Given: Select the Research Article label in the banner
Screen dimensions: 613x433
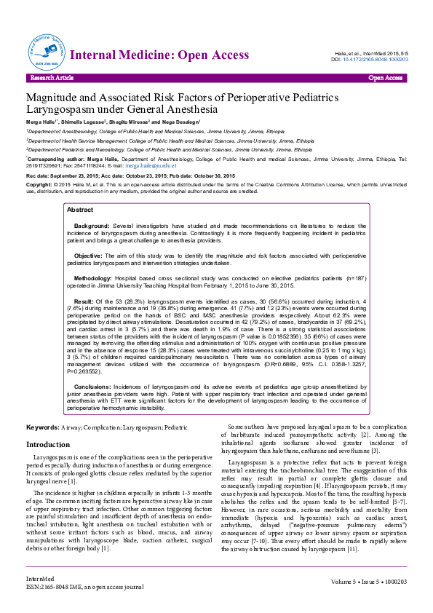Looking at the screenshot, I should (x=52, y=77).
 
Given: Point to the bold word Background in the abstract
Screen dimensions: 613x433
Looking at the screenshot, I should (x=92, y=226).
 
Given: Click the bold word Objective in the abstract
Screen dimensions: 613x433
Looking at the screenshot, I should (x=88, y=256).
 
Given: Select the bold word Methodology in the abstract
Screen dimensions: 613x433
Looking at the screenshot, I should (x=93, y=279).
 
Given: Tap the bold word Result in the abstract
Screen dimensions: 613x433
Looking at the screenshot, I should (x=84, y=299).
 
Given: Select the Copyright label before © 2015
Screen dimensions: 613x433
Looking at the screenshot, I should (x=39, y=186).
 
